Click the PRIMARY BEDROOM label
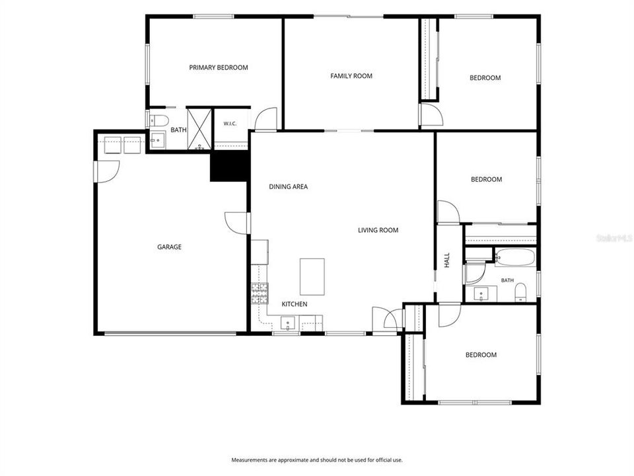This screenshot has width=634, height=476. pyautogui.click(x=219, y=67)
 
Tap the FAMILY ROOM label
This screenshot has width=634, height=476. pyautogui.click(x=351, y=75)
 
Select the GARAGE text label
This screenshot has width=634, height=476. pyautogui.click(x=169, y=247)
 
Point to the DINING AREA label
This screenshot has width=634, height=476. pyautogui.click(x=289, y=186)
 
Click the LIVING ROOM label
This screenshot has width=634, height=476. pyautogui.click(x=378, y=230)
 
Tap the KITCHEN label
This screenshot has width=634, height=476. pyautogui.click(x=295, y=304)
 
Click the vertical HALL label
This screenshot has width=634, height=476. pyautogui.click(x=447, y=260)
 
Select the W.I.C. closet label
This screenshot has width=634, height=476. pyautogui.click(x=230, y=124)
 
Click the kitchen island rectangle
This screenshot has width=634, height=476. pyautogui.click(x=312, y=277)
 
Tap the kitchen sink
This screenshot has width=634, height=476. pyautogui.click(x=288, y=323)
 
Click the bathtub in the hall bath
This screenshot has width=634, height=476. pyautogui.click(x=515, y=257)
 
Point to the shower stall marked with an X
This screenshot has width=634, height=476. pyautogui.click(x=199, y=128)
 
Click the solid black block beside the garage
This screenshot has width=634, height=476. pyautogui.click(x=229, y=166)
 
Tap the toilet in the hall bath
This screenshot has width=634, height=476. pyautogui.click(x=521, y=292)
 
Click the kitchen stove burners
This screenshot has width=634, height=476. pyautogui.click(x=260, y=294)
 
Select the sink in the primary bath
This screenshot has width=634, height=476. pyautogui.click(x=158, y=140)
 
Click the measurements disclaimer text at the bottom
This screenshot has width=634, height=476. pyautogui.click(x=317, y=460)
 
